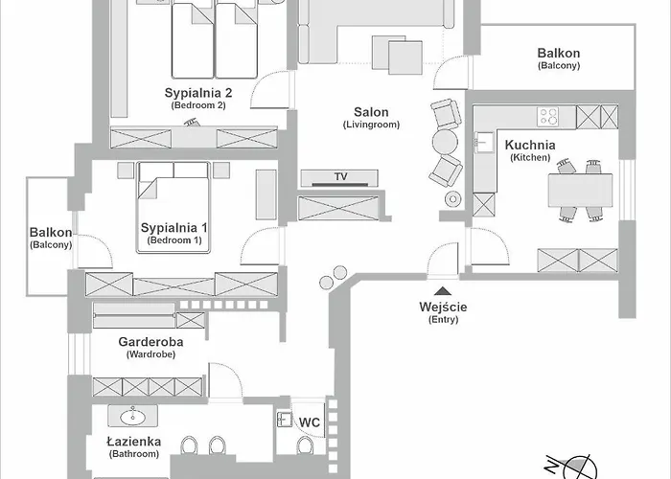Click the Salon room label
371,113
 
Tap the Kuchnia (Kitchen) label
529,146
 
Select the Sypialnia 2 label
198,93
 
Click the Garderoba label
150,341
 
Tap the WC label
310,422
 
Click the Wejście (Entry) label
443,307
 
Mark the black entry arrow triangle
443,289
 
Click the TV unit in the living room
340,177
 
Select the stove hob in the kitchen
548,117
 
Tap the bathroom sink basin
133,417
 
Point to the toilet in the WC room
305,448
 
